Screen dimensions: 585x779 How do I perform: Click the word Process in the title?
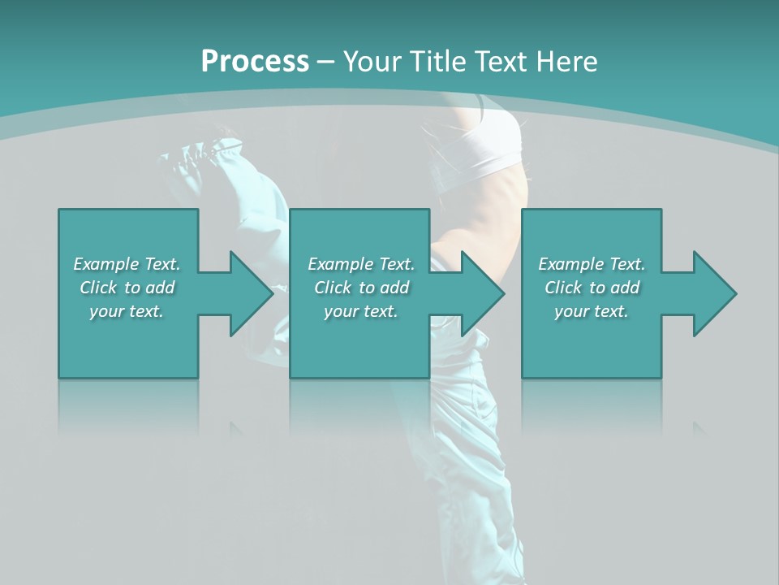point(255,61)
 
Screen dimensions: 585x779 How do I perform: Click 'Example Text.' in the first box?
point(127,264)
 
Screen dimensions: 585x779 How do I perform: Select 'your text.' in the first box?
point(127,311)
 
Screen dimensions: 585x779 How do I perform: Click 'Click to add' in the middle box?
point(361,288)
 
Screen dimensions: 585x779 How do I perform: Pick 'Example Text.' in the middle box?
point(361,264)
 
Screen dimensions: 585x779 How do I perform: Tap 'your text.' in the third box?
point(592,311)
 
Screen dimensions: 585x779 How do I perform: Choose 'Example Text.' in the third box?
point(592,264)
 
